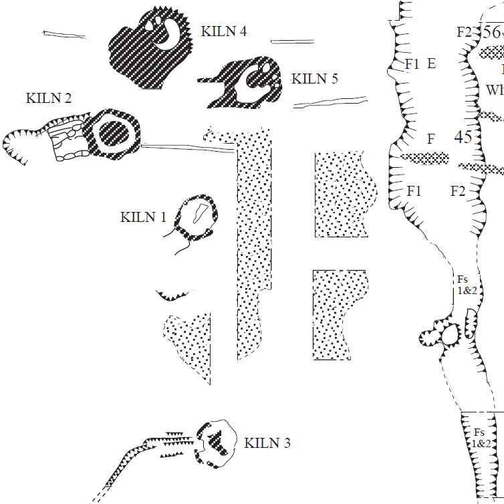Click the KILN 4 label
224,31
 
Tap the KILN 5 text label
315,79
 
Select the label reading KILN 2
49,98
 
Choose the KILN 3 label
267,443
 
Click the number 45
463,138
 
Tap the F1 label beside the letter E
412,64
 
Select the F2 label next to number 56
464,31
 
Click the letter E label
431,64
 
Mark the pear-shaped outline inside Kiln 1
199,213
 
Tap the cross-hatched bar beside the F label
424,158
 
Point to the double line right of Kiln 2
187,148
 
